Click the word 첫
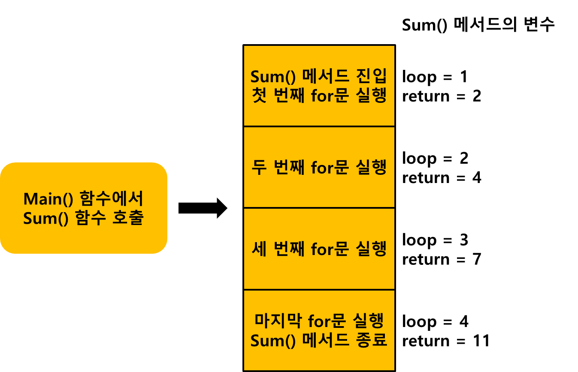(259, 96)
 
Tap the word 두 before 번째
(259, 168)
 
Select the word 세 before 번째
(259, 249)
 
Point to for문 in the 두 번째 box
(330, 168)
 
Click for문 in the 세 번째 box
(330, 249)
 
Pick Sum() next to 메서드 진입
(272, 77)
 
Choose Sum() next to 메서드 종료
(272, 340)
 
